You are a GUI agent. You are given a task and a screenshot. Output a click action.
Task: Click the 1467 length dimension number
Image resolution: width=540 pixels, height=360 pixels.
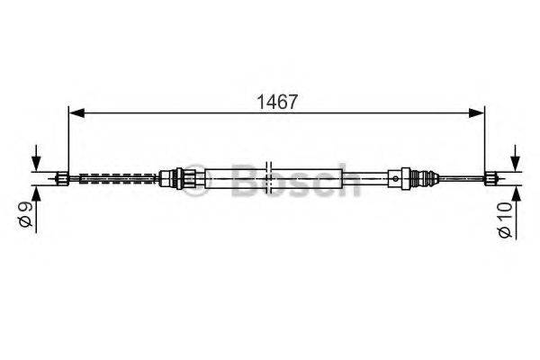277,103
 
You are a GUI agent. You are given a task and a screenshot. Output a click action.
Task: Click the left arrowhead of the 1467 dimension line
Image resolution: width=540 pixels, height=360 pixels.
76,112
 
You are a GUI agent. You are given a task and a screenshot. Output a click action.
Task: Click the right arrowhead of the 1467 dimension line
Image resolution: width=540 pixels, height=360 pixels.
479,112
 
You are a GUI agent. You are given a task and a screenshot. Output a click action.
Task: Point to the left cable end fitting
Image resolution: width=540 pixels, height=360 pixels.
64,177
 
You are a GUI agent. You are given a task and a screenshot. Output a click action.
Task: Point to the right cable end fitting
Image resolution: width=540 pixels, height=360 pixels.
492,177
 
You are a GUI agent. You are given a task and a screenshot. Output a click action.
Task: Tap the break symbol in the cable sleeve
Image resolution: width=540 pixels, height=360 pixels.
270,177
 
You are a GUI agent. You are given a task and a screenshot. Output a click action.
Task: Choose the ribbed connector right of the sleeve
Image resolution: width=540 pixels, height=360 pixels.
417,177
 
